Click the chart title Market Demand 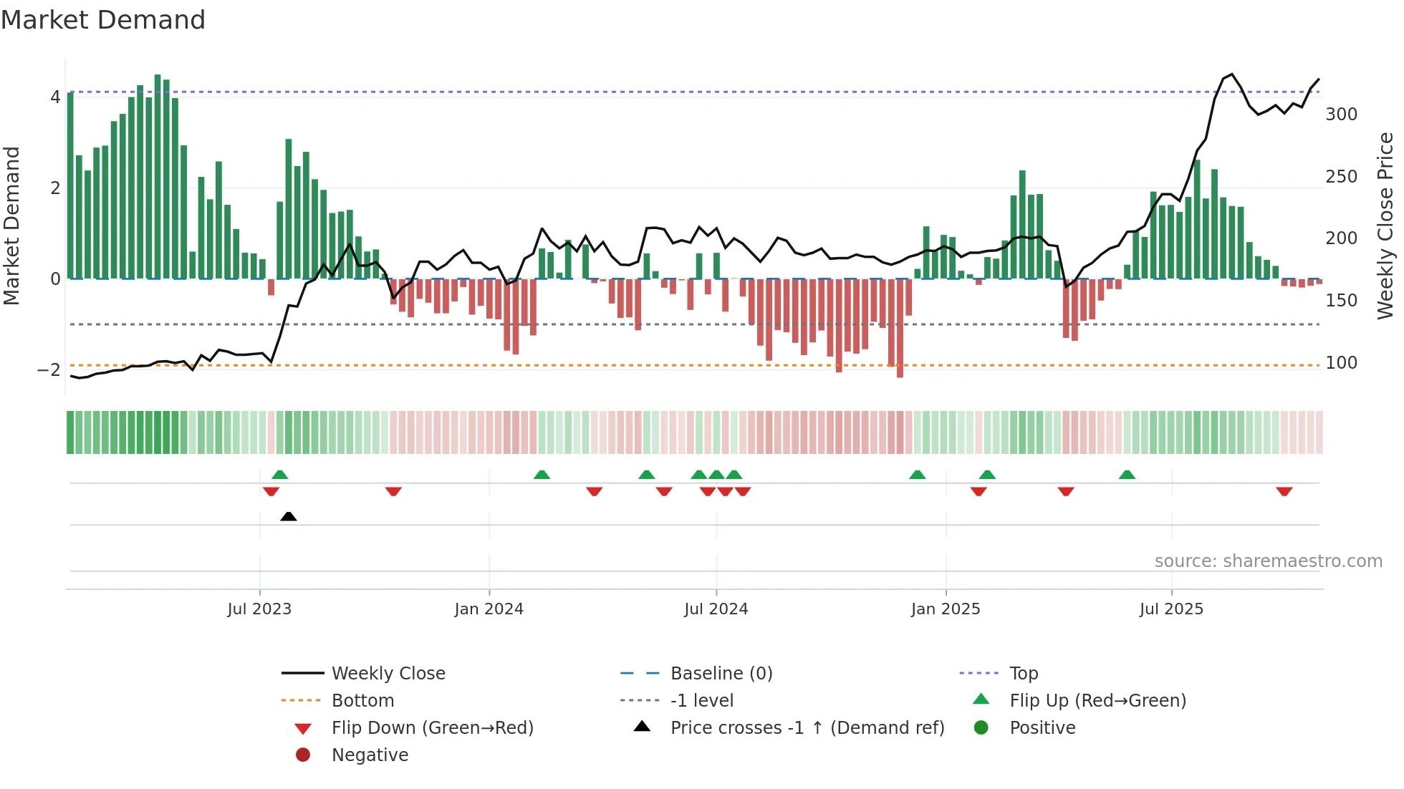pos(103,20)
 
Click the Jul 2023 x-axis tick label pos(259,609)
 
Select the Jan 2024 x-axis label pos(489,609)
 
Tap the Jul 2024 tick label pos(716,609)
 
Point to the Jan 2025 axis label pos(946,609)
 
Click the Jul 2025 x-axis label pos(1171,609)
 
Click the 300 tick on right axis pos(1341,115)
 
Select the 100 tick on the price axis pos(1341,363)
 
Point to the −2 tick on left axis pos(49,370)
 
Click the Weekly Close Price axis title pos(1385,226)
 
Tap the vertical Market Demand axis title pos(11,226)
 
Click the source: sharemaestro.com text pos(1268,561)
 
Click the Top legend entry pos(1023,674)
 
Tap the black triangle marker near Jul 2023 pos(289,516)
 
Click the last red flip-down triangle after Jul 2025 pos(1284,491)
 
